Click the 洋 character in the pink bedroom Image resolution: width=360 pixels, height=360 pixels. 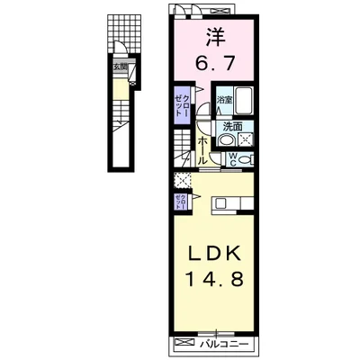[214, 38]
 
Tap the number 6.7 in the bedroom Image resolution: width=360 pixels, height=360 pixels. [214, 64]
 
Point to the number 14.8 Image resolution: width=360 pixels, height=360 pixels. [214, 281]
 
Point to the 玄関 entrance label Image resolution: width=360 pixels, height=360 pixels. [118, 67]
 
